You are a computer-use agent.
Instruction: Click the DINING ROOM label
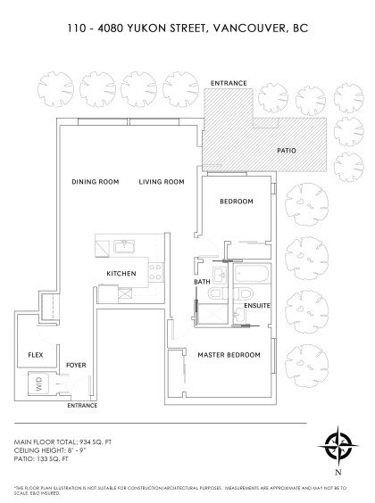point(96,182)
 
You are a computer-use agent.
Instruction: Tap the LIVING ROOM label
point(162,182)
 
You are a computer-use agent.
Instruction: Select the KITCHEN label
point(121,273)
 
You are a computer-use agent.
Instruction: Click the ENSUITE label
point(257,306)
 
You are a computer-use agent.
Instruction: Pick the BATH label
point(202,282)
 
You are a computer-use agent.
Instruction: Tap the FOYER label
point(76,366)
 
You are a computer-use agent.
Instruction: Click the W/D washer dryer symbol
point(38,384)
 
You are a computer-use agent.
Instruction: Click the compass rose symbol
point(337,443)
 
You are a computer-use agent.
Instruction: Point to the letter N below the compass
point(337,472)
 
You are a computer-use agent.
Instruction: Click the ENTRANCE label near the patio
point(228,83)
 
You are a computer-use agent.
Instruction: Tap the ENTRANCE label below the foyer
point(84,406)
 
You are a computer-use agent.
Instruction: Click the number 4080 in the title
point(111,28)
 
